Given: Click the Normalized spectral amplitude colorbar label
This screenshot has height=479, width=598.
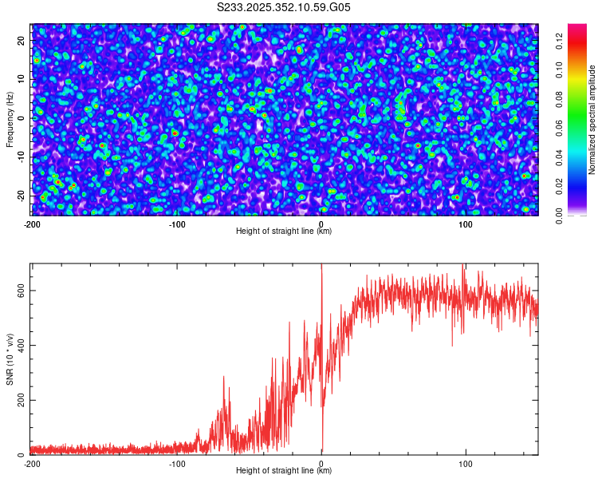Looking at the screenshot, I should point(592,120).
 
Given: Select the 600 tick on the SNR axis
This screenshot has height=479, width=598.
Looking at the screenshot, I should point(19,291).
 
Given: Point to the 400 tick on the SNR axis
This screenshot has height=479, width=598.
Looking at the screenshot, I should point(19,345).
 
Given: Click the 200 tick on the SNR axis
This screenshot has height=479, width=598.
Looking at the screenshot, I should point(19,400).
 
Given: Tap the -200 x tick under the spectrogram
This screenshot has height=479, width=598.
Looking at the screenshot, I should point(32,224).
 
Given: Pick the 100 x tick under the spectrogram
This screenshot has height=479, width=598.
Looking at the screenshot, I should point(466,224).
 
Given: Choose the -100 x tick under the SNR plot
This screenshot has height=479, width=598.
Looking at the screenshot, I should point(177,463).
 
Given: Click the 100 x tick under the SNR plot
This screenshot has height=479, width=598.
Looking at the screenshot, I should point(466,463).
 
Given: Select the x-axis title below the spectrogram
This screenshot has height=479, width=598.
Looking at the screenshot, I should point(284,232).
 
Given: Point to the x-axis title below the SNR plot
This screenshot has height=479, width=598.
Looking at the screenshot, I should point(284,471).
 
